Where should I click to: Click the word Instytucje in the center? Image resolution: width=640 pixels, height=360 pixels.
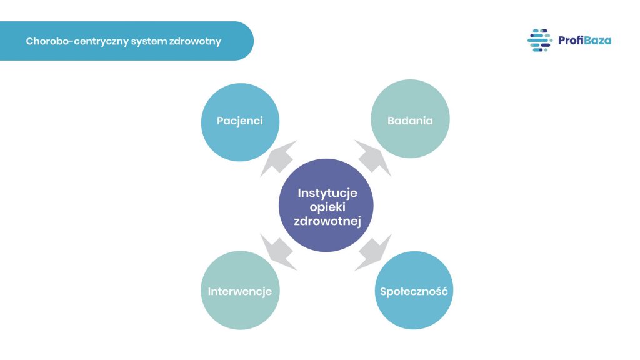327,192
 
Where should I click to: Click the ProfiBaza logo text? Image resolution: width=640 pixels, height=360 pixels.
585,41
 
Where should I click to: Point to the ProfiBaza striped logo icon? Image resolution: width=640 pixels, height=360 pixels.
539,41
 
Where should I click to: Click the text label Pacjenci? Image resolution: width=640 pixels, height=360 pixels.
240,121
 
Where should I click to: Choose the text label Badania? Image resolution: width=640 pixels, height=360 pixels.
410,121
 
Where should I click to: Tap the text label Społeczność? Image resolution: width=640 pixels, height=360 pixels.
413,291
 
